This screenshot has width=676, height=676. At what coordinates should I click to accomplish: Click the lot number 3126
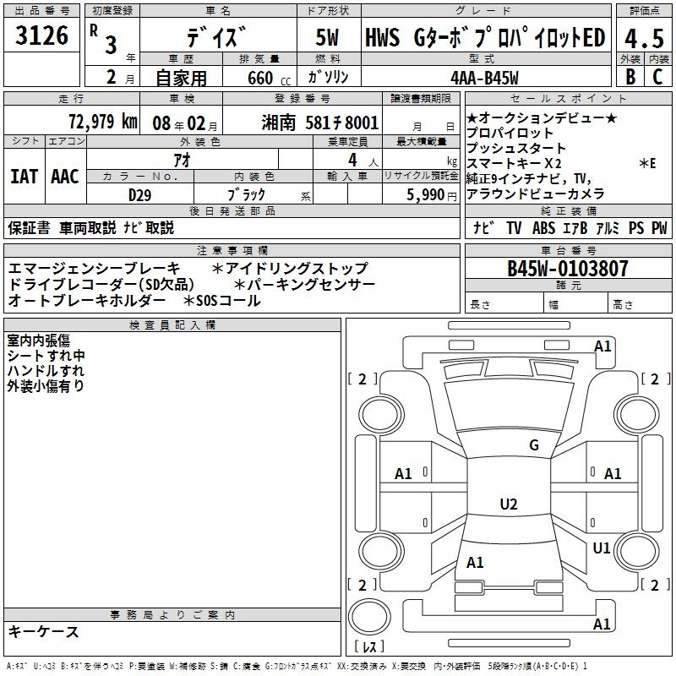41,35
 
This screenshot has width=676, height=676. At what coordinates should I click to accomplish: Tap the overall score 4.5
644,38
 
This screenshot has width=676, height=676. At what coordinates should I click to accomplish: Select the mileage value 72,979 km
103,122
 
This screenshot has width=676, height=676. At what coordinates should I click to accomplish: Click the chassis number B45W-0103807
568,269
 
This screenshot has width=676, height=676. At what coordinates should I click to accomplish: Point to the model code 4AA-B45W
484,78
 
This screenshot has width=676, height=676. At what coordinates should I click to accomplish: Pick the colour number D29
139,195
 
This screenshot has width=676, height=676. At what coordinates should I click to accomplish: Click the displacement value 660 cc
269,78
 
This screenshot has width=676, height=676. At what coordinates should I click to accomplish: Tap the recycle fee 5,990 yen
432,195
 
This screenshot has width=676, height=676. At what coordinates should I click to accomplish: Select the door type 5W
327,37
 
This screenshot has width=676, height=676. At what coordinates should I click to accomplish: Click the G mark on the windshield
534,445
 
